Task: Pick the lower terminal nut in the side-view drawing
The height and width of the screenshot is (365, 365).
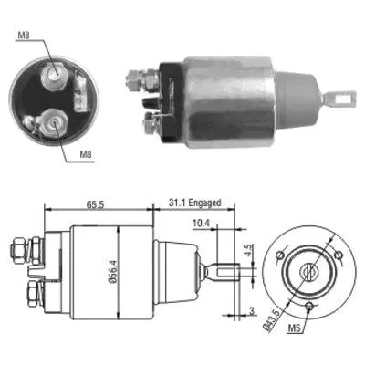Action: (x=31, y=294)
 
